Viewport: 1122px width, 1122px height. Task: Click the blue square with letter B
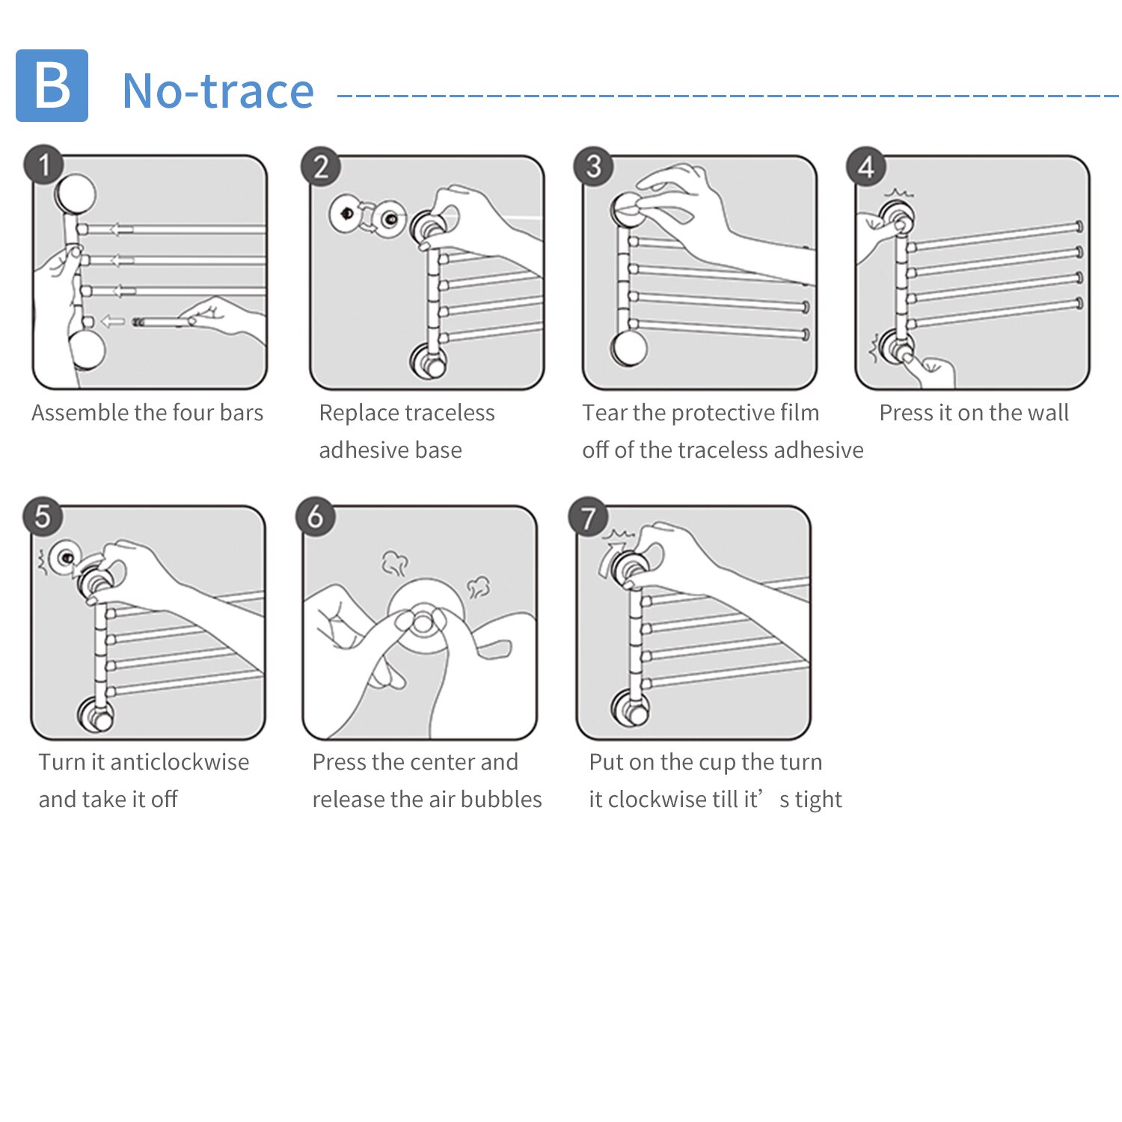(x=52, y=85)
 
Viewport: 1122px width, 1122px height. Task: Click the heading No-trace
(x=218, y=91)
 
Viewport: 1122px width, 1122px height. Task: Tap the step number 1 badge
(x=43, y=165)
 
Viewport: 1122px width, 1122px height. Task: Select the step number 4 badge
(x=865, y=166)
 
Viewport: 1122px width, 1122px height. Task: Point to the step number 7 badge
(x=589, y=517)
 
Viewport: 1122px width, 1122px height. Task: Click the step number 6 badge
(x=316, y=516)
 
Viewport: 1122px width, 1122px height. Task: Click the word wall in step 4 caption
(x=1049, y=413)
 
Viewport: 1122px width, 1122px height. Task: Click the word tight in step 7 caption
(x=818, y=800)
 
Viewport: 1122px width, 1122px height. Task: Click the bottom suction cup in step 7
(x=630, y=708)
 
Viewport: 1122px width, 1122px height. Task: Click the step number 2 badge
(x=321, y=166)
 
